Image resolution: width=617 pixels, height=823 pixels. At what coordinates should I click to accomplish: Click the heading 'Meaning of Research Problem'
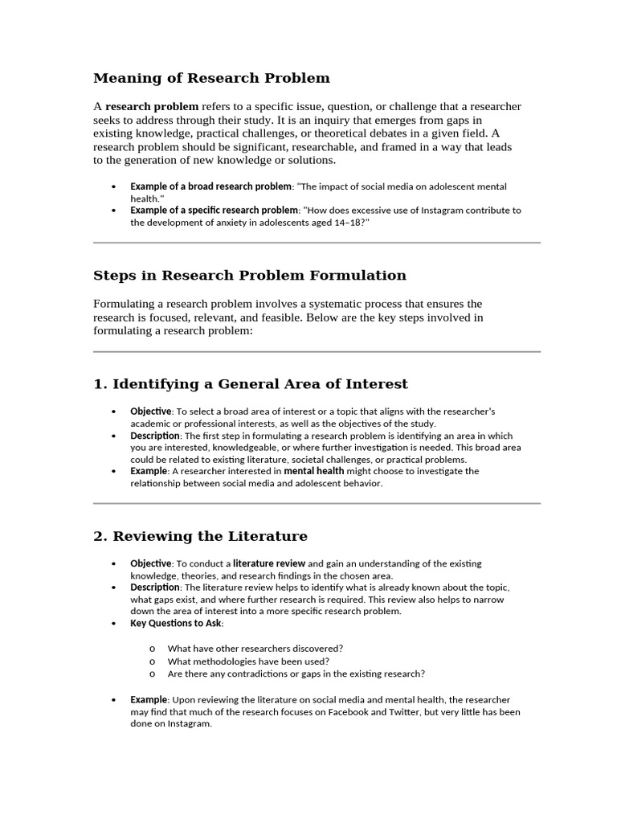click(x=211, y=78)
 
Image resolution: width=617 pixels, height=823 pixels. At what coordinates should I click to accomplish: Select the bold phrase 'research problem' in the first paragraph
click(x=152, y=106)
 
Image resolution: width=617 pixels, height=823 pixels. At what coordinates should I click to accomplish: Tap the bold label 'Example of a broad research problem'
click(x=210, y=186)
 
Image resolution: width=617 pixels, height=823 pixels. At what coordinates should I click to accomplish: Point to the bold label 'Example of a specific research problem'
click(x=214, y=211)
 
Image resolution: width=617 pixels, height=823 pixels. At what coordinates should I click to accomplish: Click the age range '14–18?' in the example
click(x=352, y=223)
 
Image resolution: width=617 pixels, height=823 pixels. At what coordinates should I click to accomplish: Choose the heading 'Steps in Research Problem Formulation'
click(x=250, y=276)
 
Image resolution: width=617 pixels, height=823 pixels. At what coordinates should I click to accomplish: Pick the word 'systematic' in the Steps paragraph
click(x=343, y=304)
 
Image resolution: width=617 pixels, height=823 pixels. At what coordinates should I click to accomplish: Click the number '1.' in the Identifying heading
click(x=100, y=384)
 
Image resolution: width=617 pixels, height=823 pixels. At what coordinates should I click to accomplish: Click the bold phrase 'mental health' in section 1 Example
click(x=313, y=471)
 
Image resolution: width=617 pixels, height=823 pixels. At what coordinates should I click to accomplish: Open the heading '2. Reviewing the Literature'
click(x=200, y=536)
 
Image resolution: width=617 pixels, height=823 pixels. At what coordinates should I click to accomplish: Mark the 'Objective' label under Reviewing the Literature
click(x=151, y=563)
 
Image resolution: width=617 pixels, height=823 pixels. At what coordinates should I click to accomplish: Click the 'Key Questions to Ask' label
click(x=177, y=623)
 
